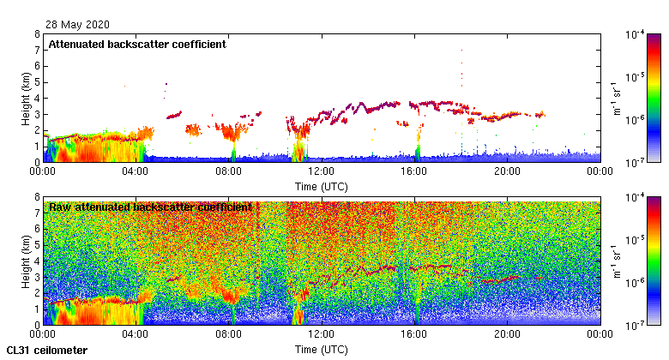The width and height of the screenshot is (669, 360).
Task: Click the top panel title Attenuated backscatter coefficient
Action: pos(137,45)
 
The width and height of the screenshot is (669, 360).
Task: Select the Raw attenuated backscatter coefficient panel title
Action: pos(150,207)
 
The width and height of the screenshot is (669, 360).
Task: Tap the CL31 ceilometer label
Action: pos(46,350)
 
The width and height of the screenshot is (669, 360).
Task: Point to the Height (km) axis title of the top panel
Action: pos(26,98)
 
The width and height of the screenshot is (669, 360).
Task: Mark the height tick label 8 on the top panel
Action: pos(36,34)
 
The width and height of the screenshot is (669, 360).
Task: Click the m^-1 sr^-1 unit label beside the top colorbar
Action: pos(616,98)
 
